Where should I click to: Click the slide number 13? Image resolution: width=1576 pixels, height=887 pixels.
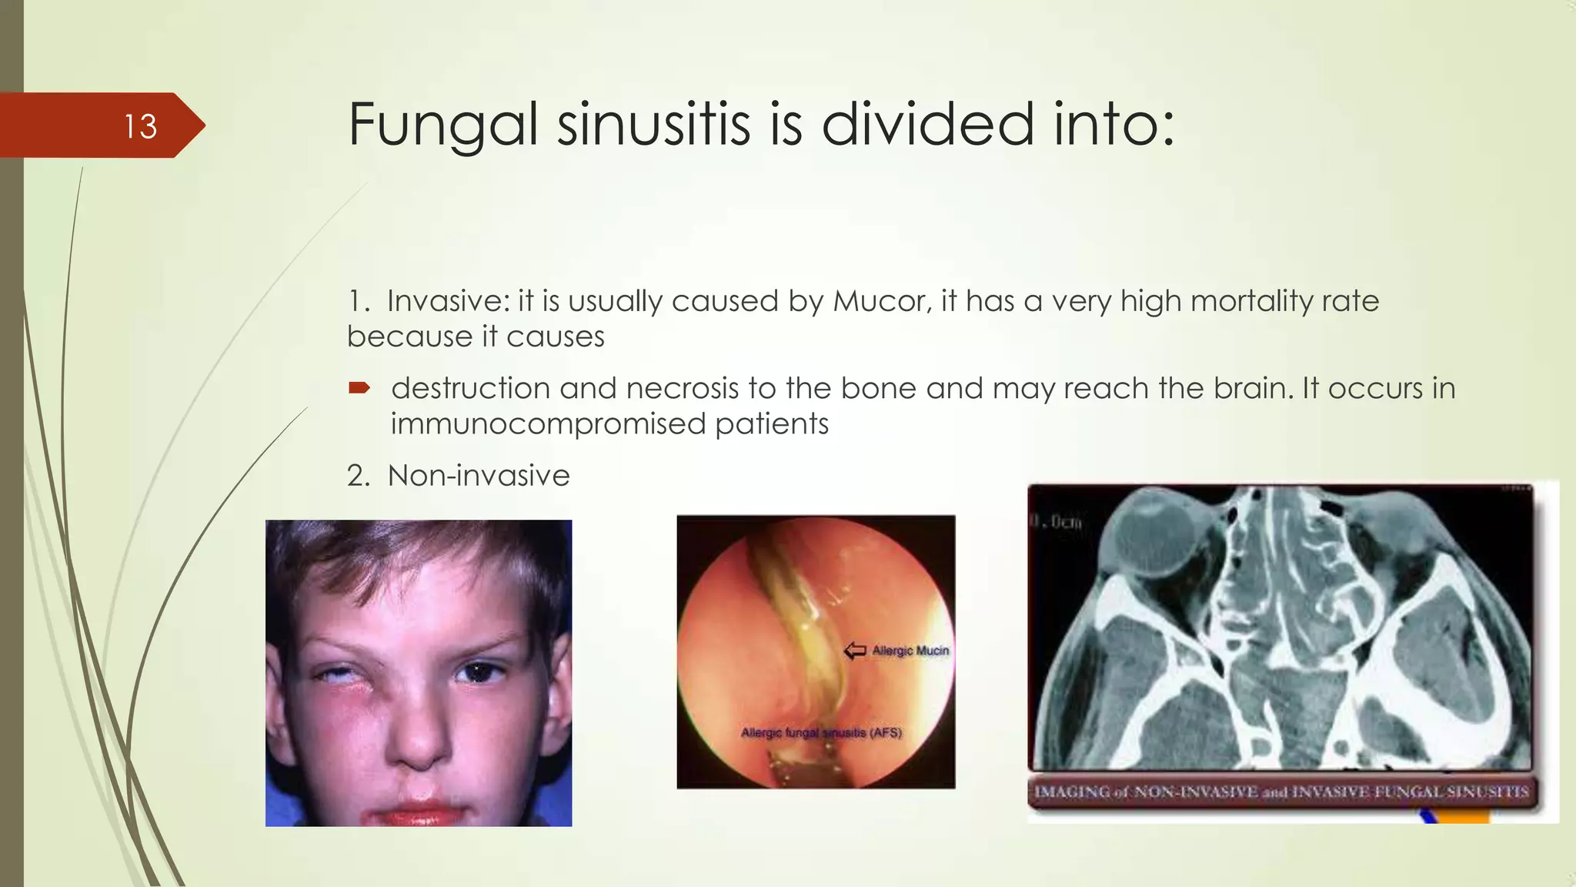pyautogui.click(x=141, y=126)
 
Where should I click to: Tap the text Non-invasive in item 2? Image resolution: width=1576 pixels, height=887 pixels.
pyautogui.click(x=479, y=476)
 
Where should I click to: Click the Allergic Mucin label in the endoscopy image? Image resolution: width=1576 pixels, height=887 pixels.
pyautogui.click(x=910, y=651)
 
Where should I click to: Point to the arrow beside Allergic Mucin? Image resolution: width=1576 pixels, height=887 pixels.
pyautogui.click(x=855, y=651)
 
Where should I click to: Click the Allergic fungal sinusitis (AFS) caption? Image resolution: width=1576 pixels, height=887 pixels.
pyautogui.click(x=821, y=732)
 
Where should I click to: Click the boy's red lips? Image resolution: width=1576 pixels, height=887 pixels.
pyautogui.click(x=419, y=812)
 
